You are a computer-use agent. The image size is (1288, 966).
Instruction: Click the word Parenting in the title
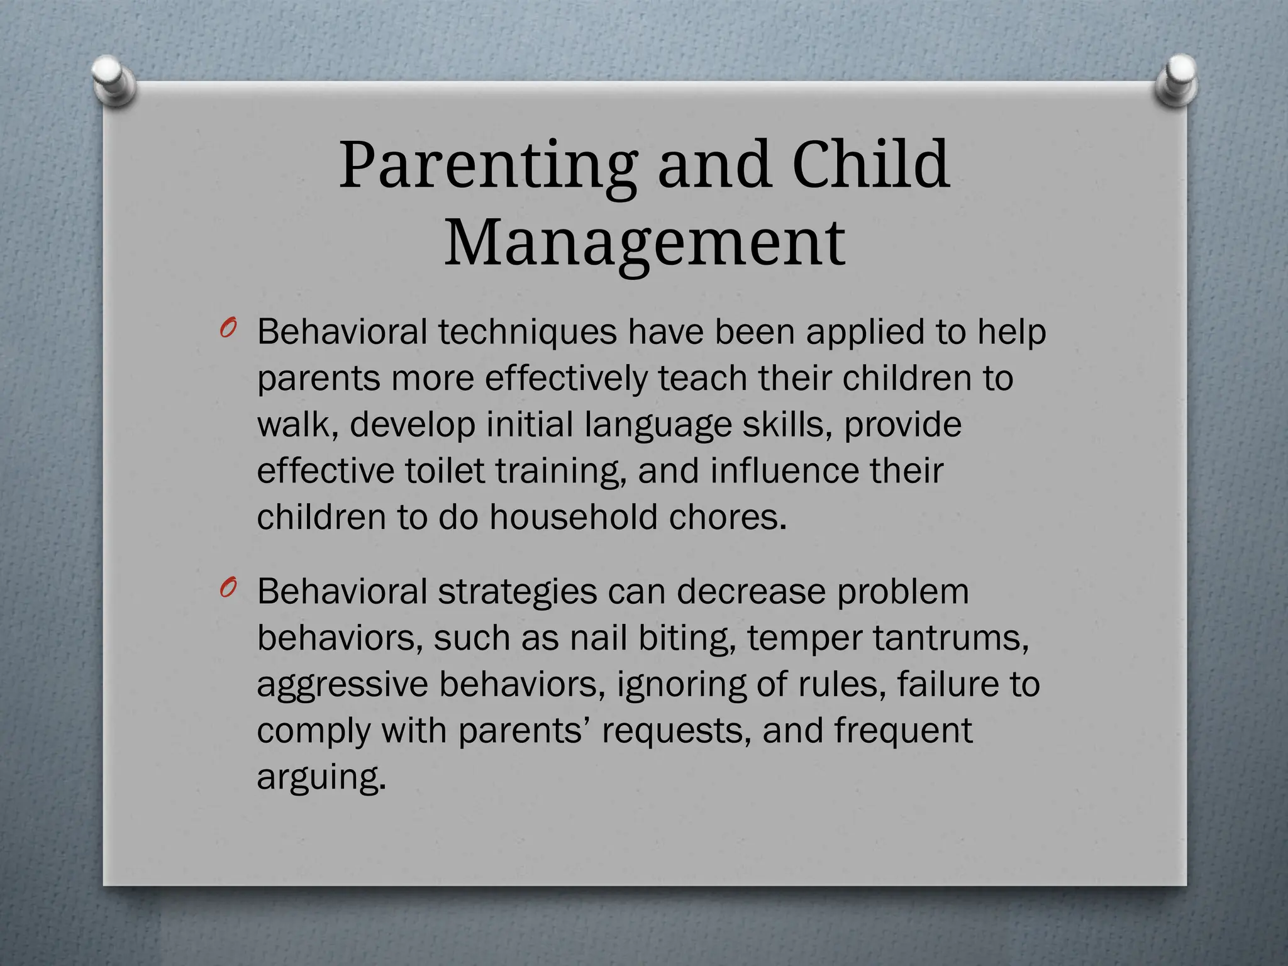coord(487,166)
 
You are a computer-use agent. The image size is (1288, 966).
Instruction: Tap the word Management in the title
coord(645,243)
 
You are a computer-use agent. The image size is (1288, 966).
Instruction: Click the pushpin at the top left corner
coord(113,80)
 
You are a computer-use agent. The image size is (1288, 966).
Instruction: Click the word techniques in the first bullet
coord(527,332)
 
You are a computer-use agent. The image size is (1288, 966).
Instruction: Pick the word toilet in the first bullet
coord(445,470)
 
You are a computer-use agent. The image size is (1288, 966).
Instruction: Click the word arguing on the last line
coord(320,778)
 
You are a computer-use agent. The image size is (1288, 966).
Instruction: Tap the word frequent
coord(903,731)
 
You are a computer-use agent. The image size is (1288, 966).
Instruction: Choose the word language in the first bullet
coord(658,426)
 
